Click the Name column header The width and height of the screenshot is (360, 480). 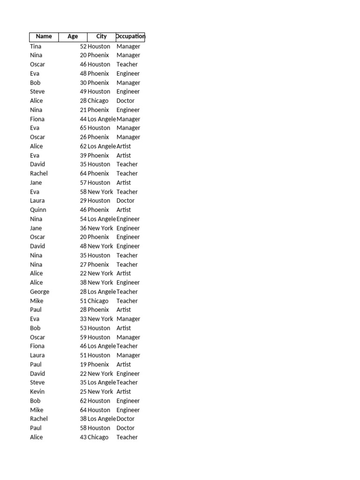pyautogui.click(x=44, y=37)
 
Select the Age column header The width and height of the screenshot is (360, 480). pyautogui.click(x=73, y=37)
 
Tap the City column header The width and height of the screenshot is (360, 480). pyautogui.click(x=101, y=37)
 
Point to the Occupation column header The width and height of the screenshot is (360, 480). pyautogui.click(x=130, y=37)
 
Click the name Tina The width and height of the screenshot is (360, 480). pyautogui.click(x=36, y=46)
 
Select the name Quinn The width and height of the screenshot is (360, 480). pyautogui.click(x=38, y=210)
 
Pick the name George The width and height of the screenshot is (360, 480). pyautogui.click(x=39, y=292)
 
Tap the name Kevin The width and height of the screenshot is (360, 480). pyautogui.click(x=37, y=392)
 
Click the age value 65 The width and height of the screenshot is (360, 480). pyautogui.click(x=83, y=128)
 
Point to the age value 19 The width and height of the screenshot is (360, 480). pyautogui.click(x=83, y=365)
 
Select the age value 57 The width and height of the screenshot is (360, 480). pyautogui.click(x=83, y=183)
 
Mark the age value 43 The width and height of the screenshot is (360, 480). pyautogui.click(x=83, y=437)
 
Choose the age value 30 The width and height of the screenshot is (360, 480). pyautogui.click(x=83, y=83)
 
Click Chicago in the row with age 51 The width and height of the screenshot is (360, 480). pyautogui.click(x=98, y=301)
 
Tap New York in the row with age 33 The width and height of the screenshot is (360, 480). pyautogui.click(x=100, y=319)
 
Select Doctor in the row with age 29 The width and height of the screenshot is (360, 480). pyautogui.click(x=126, y=201)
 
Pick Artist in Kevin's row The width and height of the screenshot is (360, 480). pyautogui.click(x=124, y=392)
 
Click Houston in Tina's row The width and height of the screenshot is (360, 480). pyautogui.click(x=99, y=46)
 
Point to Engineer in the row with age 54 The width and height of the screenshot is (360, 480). pyautogui.click(x=128, y=219)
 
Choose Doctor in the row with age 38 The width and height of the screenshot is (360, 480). pyautogui.click(x=126, y=419)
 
